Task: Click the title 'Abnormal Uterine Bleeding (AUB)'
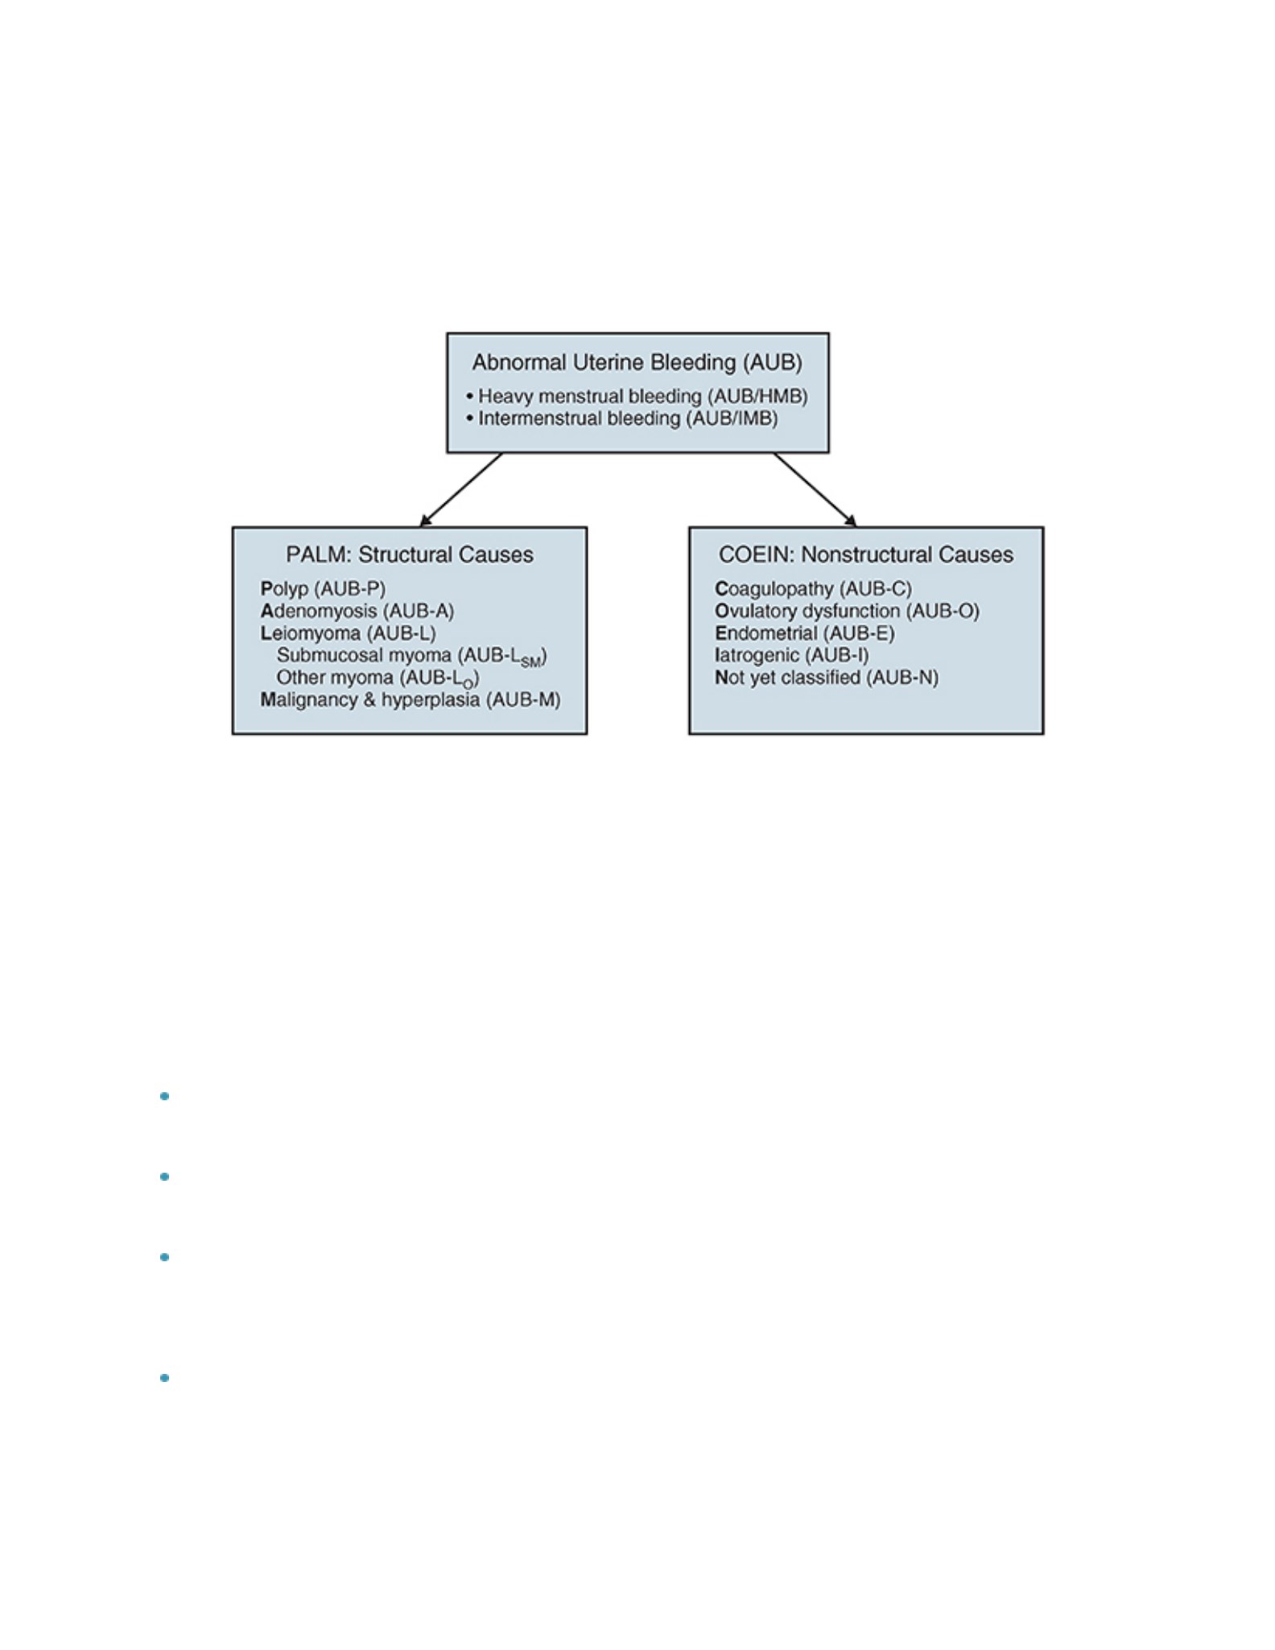click(637, 363)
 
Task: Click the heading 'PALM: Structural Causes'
click(410, 555)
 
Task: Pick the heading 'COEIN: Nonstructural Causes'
click(866, 555)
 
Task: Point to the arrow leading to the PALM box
click(461, 489)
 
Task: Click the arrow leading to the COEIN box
click(815, 489)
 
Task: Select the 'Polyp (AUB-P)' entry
click(324, 588)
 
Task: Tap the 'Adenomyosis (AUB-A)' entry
click(357, 611)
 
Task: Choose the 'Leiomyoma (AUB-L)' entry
click(349, 633)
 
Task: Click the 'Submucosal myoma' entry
click(412, 656)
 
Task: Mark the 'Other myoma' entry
click(378, 679)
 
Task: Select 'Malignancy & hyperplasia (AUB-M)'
click(411, 699)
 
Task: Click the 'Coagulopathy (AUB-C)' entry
click(814, 588)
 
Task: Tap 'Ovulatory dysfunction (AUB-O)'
click(848, 611)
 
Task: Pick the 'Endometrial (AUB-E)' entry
click(805, 633)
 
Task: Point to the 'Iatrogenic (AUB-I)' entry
click(792, 655)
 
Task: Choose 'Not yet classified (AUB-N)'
click(827, 678)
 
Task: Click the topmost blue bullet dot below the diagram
click(165, 1096)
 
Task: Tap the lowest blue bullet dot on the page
click(165, 1378)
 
